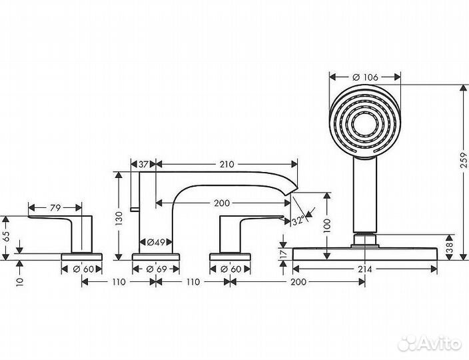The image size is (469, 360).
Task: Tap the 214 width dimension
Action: point(364,269)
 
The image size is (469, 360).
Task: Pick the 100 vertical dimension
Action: point(326,225)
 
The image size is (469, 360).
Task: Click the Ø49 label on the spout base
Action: point(156,241)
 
